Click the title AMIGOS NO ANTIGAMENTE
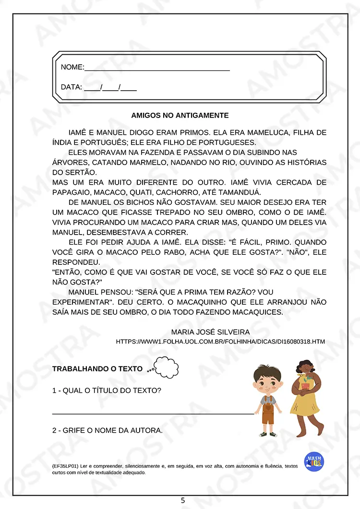pyautogui.click(x=180, y=116)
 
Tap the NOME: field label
pyautogui.click(x=72, y=67)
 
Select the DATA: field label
pyautogui.click(x=72, y=87)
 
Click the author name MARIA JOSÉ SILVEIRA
pyautogui.click(x=210, y=332)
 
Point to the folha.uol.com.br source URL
pyautogui.click(x=220, y=342)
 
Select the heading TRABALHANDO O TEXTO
pyautogui.click(x=97, y=369)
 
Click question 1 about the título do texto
pyautogui.click(x=107, y=391)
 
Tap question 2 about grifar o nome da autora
pyautogui.click(x=108, y=430)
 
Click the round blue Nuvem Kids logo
pyautogui.click(x=314, y=461)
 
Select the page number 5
pyautogui.click(x=182, y=500)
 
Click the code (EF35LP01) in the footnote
pyautogui.click(x=65, y=466)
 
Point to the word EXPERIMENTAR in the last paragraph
pyautogui.click(x=82, y=302)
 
